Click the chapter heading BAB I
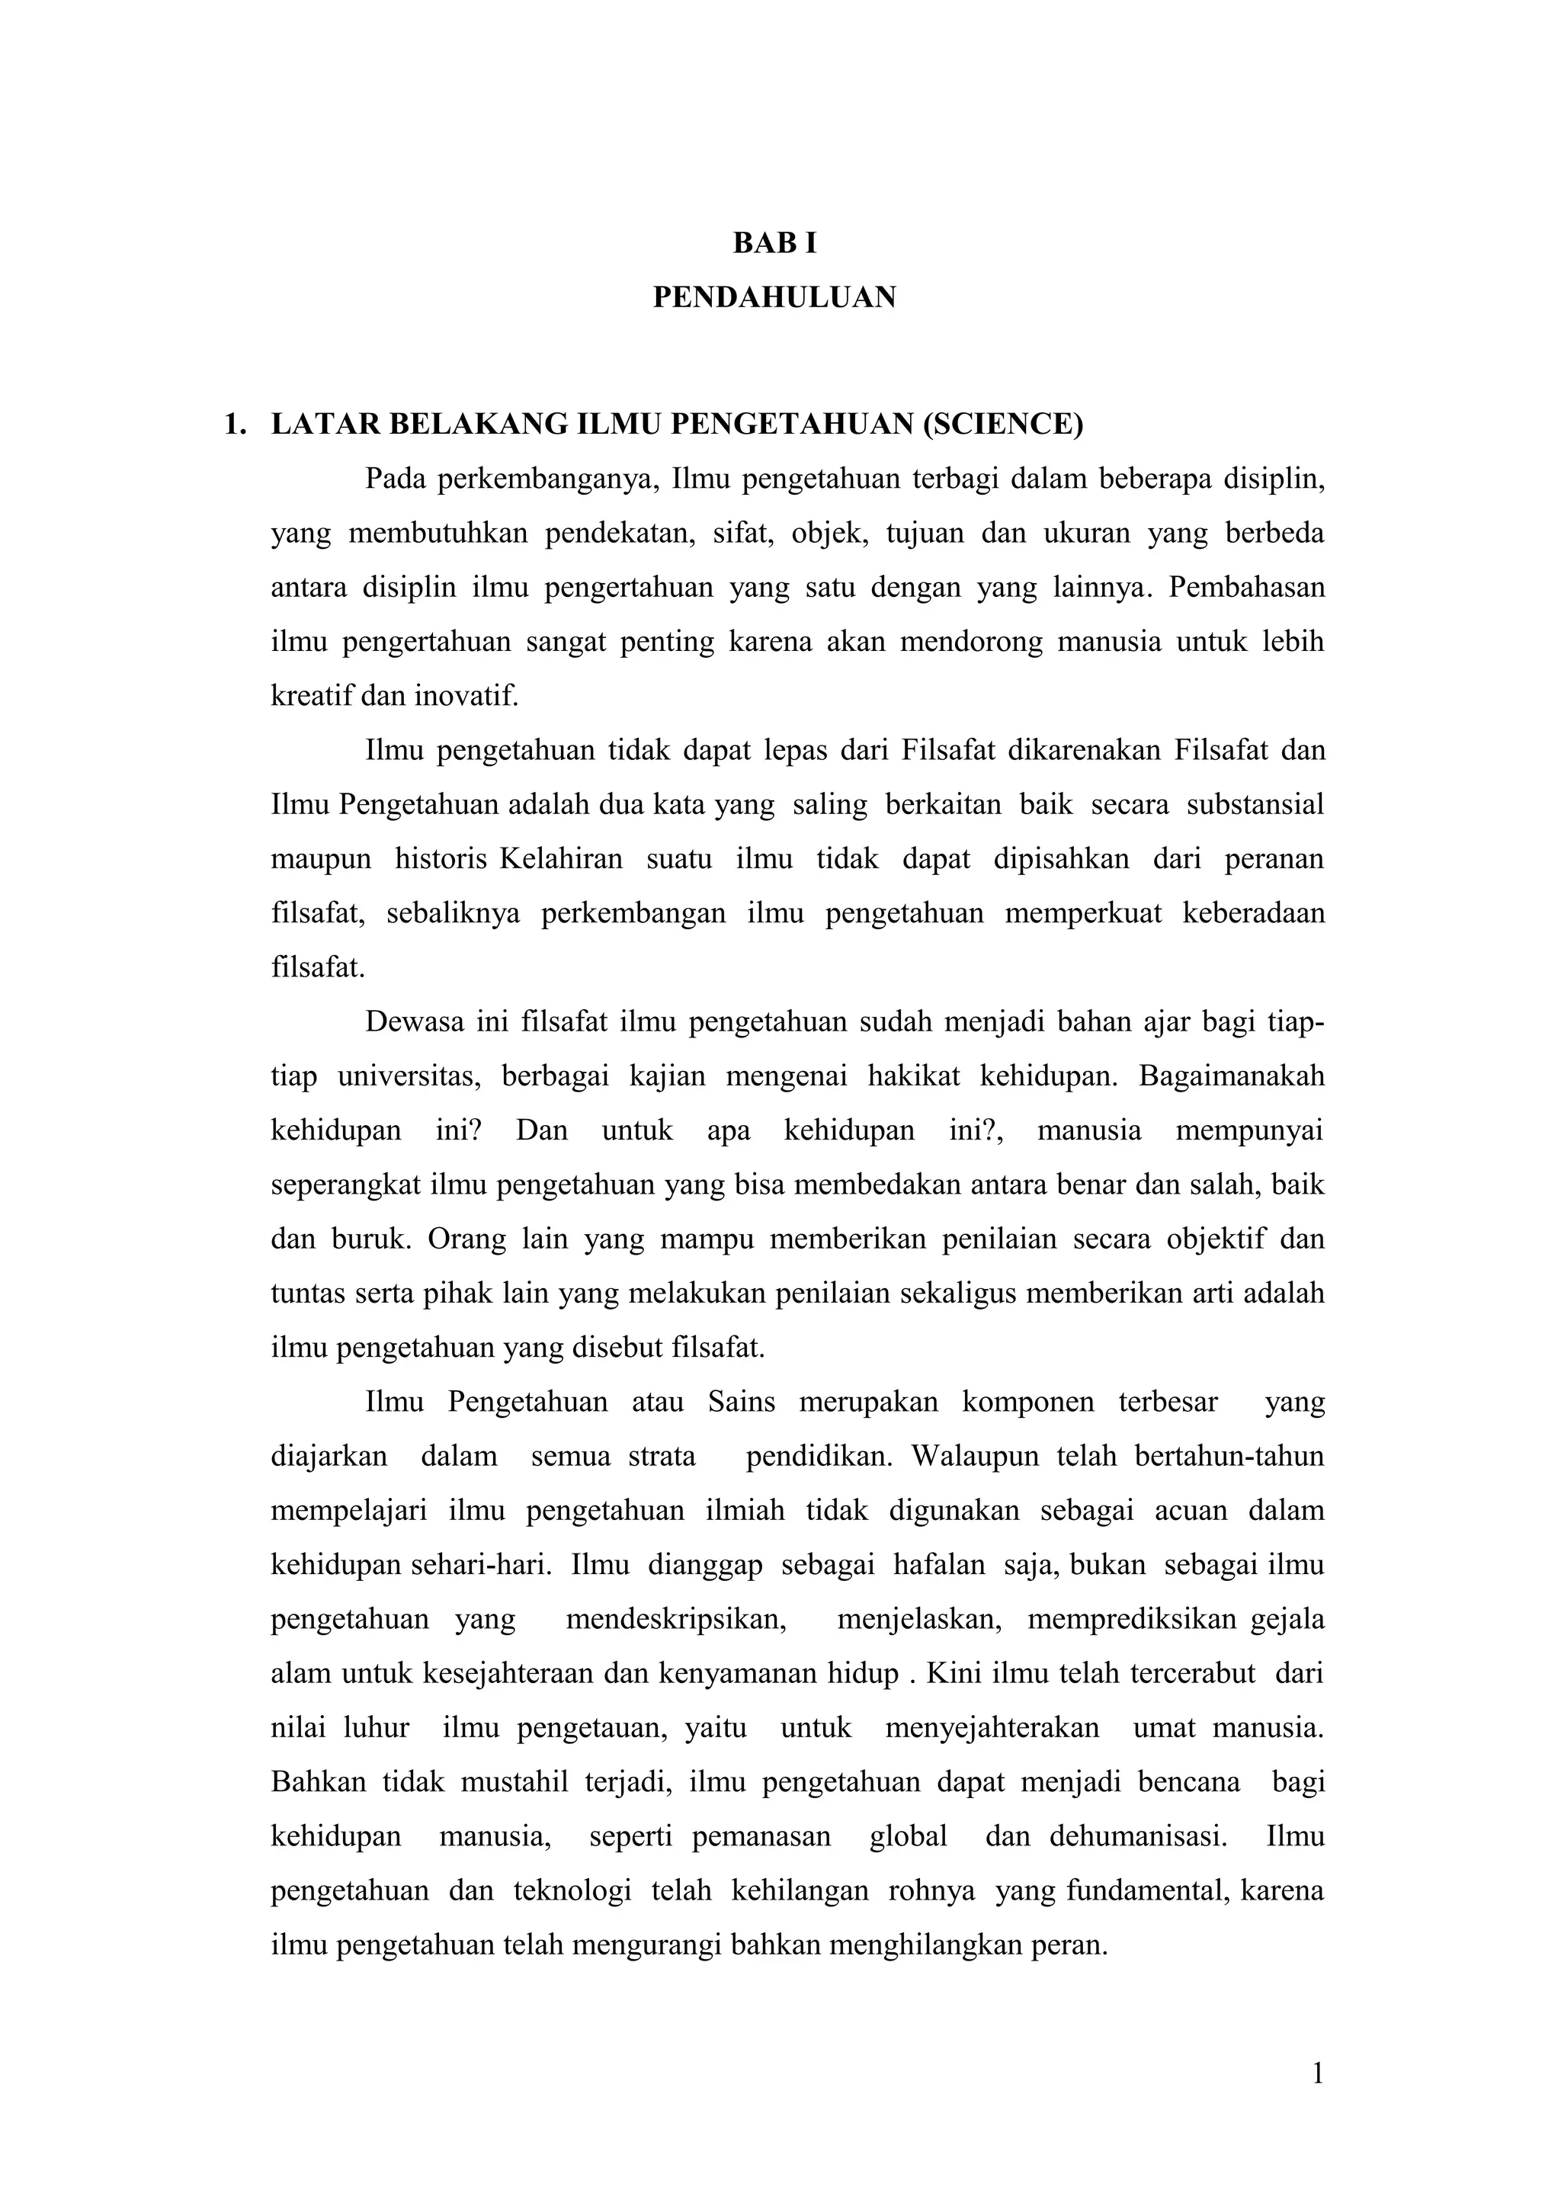(774, 245)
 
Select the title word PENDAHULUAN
(774, 298)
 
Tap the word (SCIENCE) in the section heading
(1002, 425)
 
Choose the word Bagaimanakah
(1231, 1076)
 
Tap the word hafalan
(939, 1564)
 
